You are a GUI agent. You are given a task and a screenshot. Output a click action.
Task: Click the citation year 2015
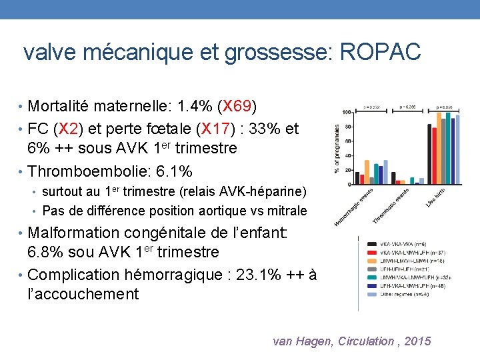click(417, 341)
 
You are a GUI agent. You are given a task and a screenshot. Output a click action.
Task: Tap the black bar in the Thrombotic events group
click(394, 177)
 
